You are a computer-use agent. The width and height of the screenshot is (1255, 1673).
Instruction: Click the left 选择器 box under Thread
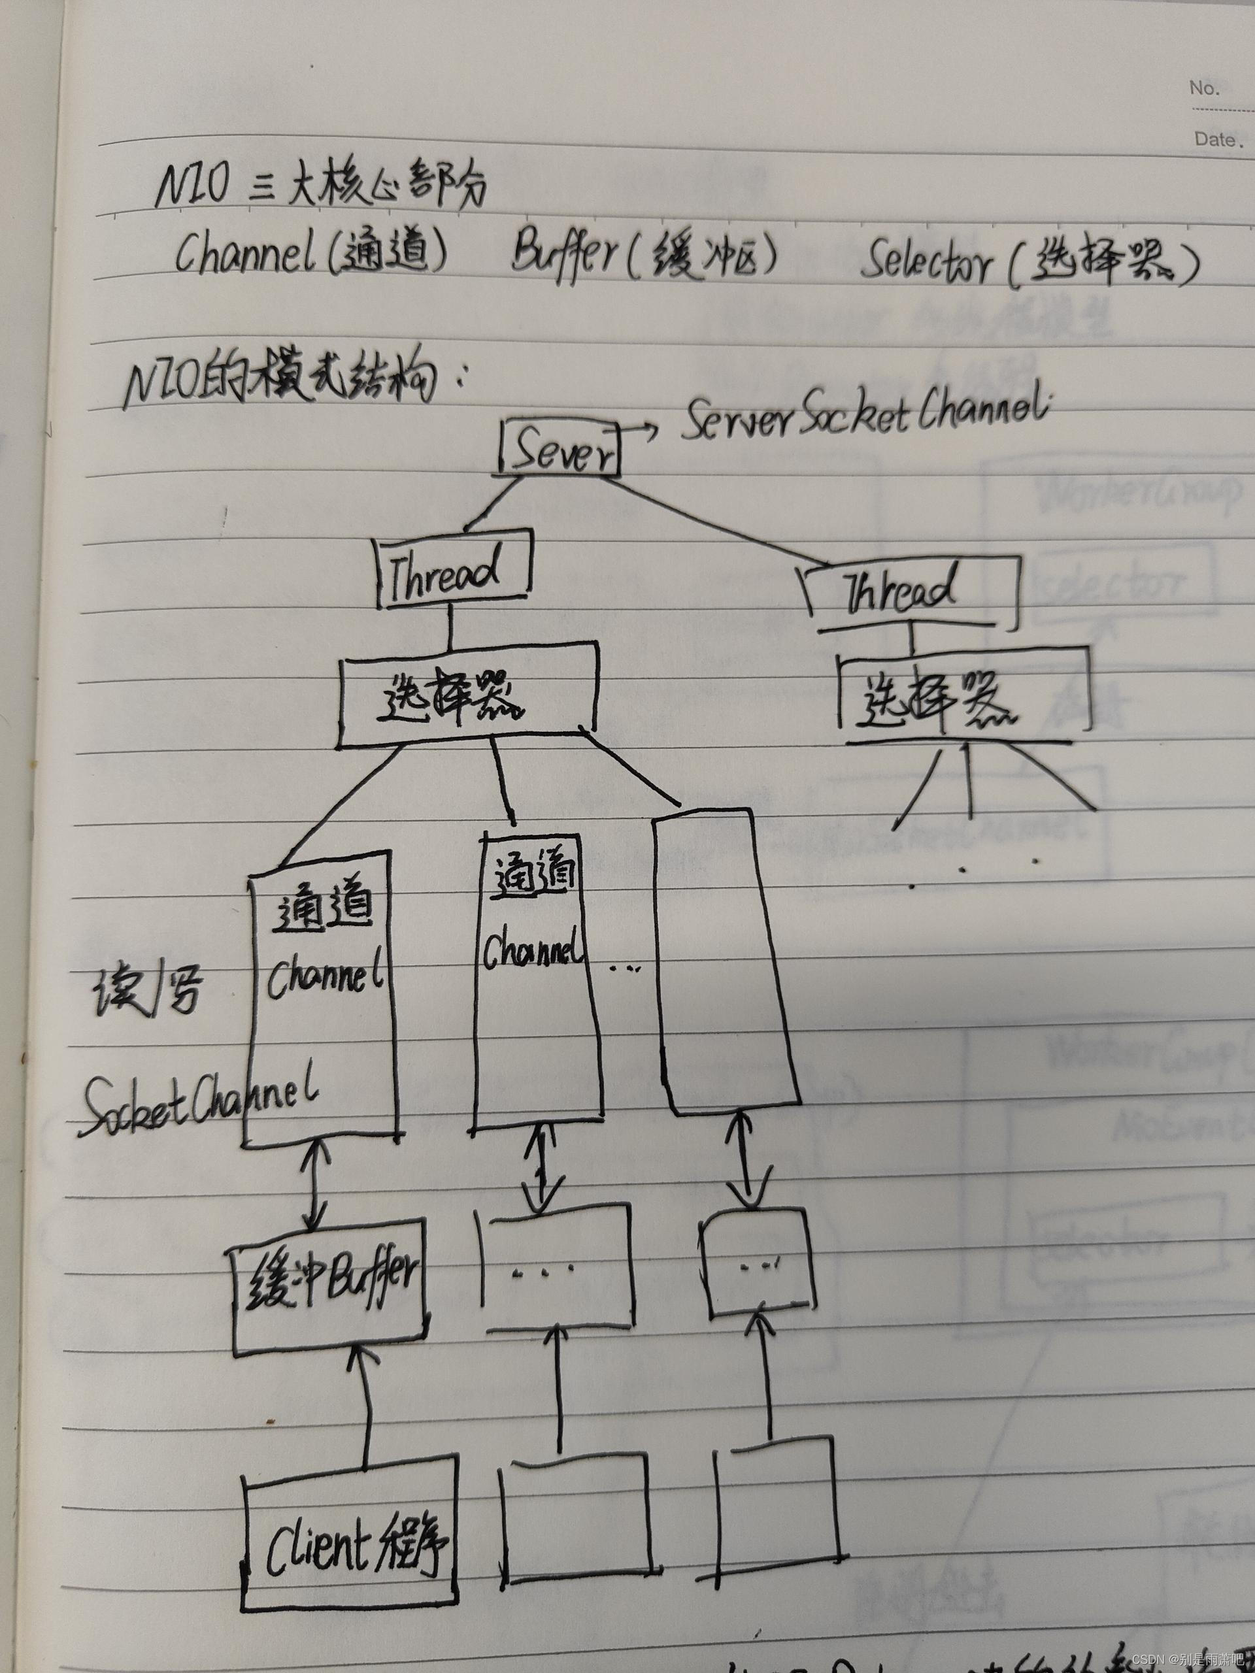(x=465, y=693)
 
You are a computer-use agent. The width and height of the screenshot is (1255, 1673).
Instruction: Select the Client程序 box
(x=351, y=1535)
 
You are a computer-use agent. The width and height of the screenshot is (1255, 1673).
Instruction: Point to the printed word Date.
(x=1216, y=139)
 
